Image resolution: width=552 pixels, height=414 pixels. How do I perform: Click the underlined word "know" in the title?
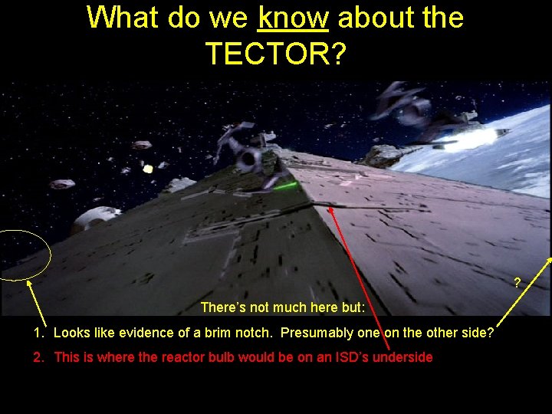pyautogui.click(x=294, y=17)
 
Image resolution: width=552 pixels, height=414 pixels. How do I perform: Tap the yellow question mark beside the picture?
pyautogui.click(x=517, y=283)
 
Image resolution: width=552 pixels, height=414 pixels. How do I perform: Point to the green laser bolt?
pyautogui.click(x=286, y=186)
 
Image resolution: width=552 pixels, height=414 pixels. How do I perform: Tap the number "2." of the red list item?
pyautogui.click(x=39, y=357)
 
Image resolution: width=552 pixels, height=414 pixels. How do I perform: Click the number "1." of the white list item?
pyautogui.click(x=39, y=333)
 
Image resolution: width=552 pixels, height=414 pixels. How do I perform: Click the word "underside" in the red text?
pyautogui.click(x=404, y=357)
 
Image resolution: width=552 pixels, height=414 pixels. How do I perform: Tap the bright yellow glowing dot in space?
pyautogui.click(x=148, y=169)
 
